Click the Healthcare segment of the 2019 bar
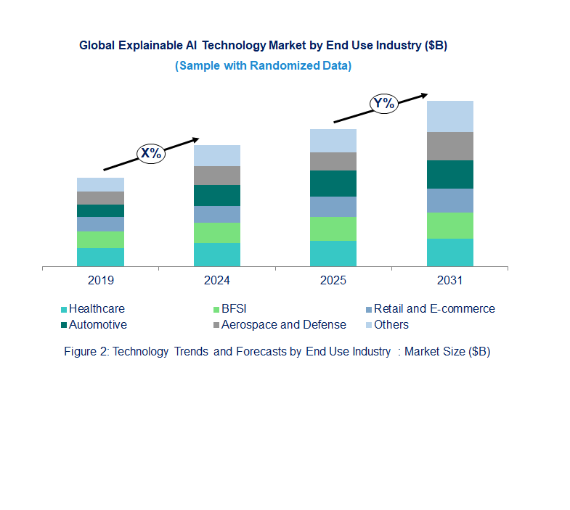click(x=100, y=257)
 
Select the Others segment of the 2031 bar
click(x=449, y=116)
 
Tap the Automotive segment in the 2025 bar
click(x=333, y=184)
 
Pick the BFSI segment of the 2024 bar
click(x=216, y=232)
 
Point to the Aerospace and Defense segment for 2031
click(x=449, y=146)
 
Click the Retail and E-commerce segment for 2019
click(x=100, y=223)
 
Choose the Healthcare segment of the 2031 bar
click(x=449, y=252)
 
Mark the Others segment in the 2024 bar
click(x=216, y=155)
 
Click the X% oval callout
click(x=151, y=153)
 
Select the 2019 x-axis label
click(x=100, y=280)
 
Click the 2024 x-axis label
click(x=216, y=280)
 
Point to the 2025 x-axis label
click(x=333, y=280)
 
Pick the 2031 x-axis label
click(x=449, y=280)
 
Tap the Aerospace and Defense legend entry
click(x=283, y=325)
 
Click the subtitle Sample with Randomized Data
click(x=263, y=65)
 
